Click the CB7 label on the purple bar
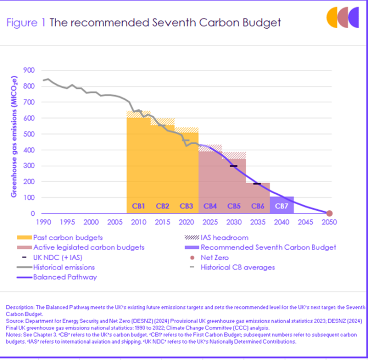click(x=282, y=206)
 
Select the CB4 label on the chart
click(x=210, y=206)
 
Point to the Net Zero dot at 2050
click(x=330, y=213)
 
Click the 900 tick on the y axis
click(x=30, y=71)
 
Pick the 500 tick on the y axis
click(x=30, y=134)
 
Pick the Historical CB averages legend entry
click(x=238, y=267)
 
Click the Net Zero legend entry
click(x=215, y=257)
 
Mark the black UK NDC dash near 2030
click(x=234, y=166)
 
